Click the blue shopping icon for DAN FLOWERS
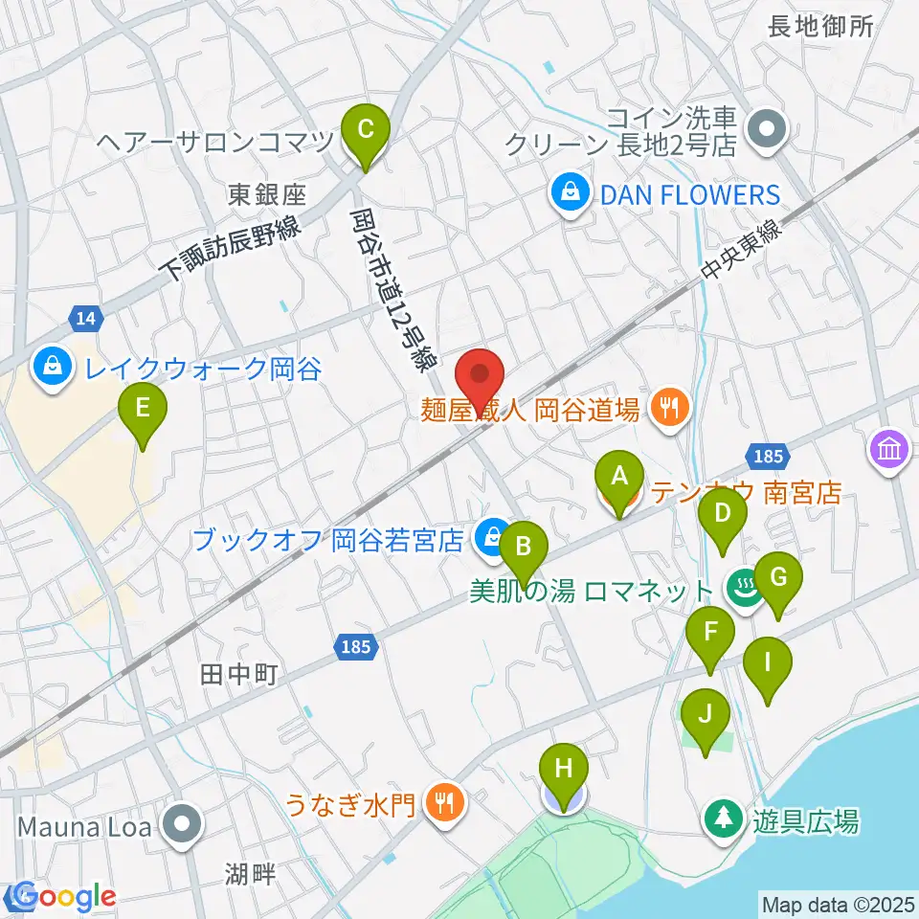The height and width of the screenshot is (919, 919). point(571,194)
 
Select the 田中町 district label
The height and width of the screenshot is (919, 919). point(239,675)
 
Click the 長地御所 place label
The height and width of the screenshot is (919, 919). point(821,27)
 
